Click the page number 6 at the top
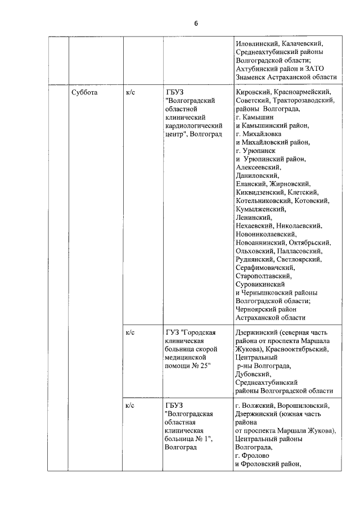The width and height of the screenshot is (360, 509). click(x=196, y=23)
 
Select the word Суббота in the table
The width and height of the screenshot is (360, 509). click(x=85, y=92)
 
